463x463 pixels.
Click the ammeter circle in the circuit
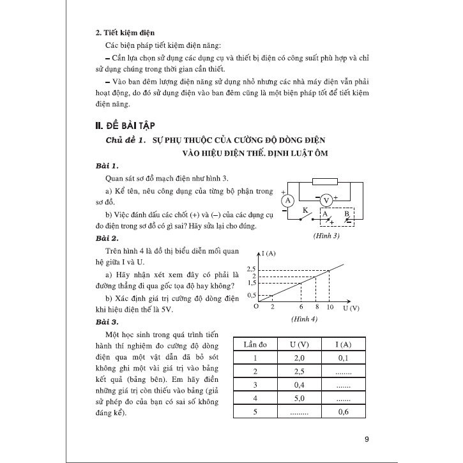(288, 200)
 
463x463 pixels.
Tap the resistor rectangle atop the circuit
(326, 181)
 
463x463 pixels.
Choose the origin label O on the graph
(255, 307)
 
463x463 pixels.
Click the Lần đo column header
(254, 344)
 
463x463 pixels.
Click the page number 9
(366, 439)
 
